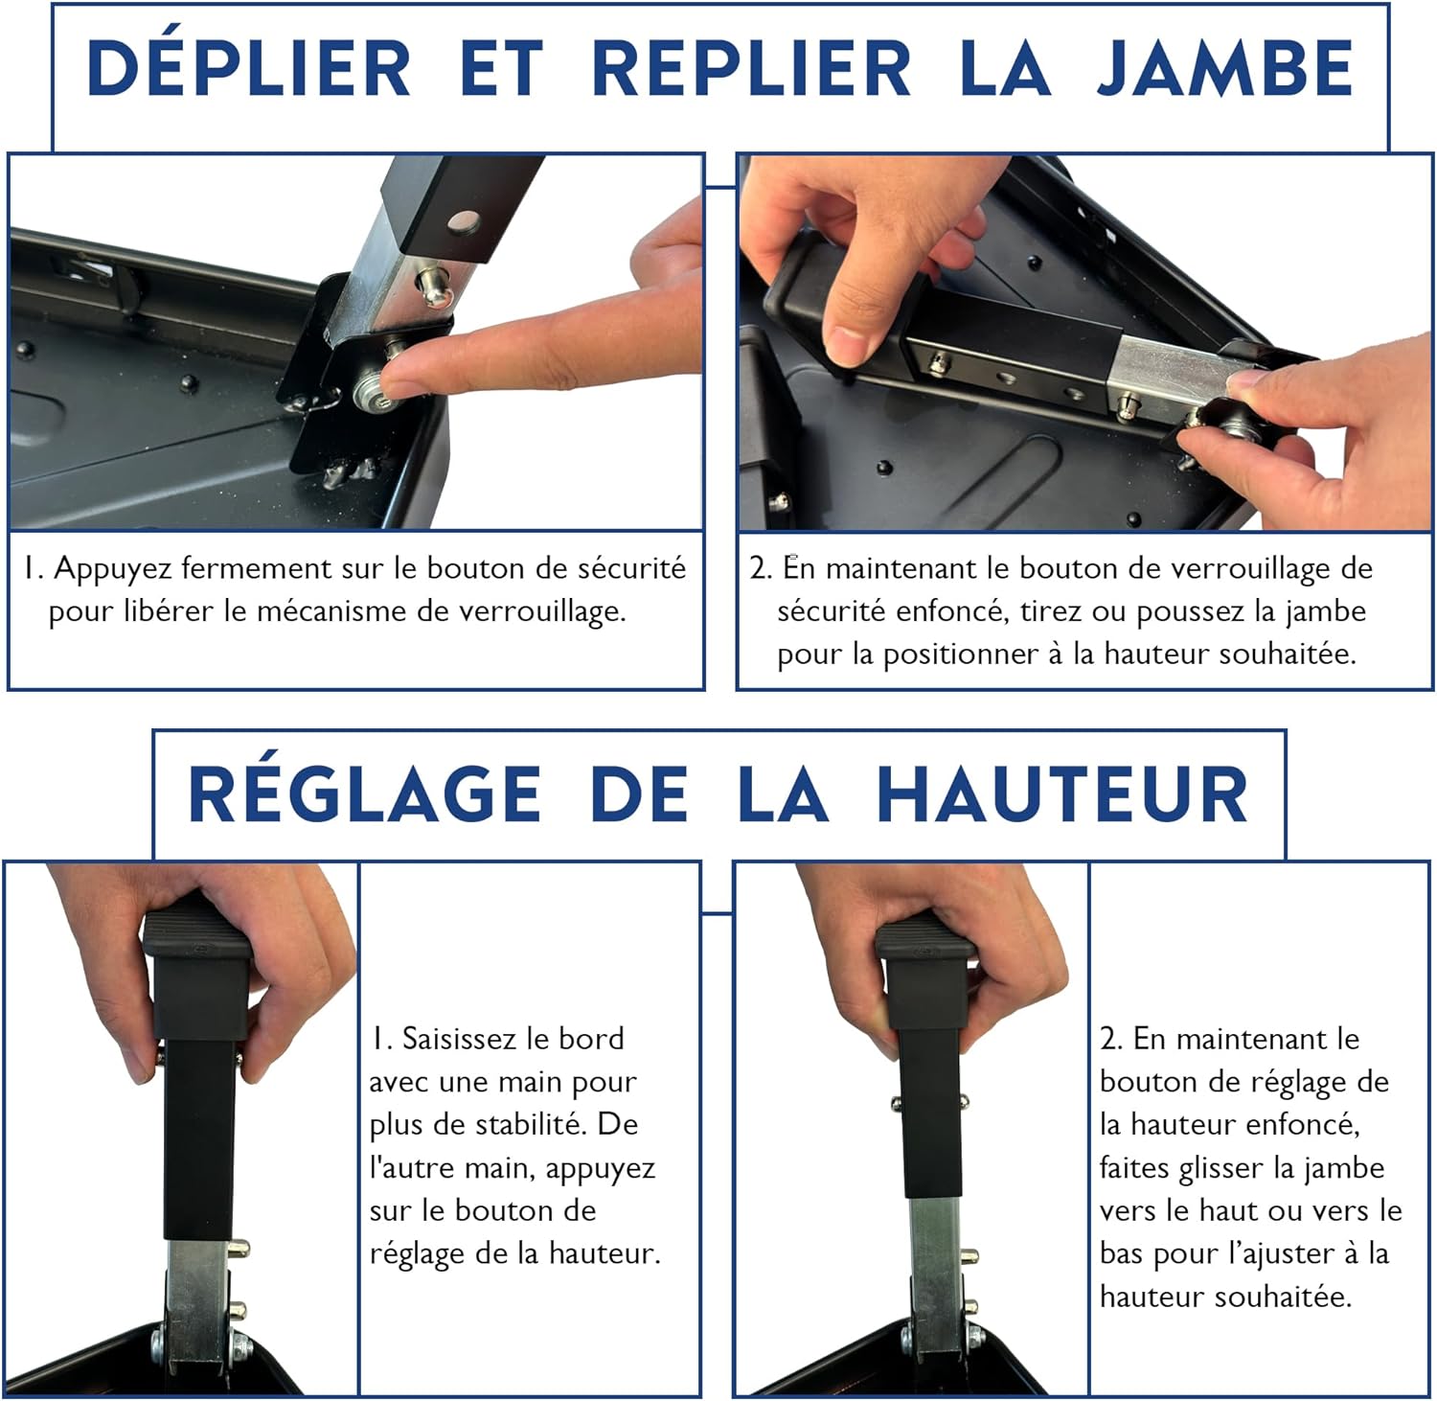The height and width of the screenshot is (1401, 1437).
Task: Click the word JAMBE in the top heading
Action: tap(1224, 69)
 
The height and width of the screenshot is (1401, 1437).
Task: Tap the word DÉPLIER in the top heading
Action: tap(249, 69)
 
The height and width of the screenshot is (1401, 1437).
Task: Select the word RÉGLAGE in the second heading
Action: tap(365, 794)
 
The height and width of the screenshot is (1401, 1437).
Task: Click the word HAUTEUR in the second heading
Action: tap(1062, 794)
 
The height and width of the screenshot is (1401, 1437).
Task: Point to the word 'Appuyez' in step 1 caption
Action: tap(113, 569)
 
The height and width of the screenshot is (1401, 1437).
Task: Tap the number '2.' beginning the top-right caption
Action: tap(761, 569)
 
